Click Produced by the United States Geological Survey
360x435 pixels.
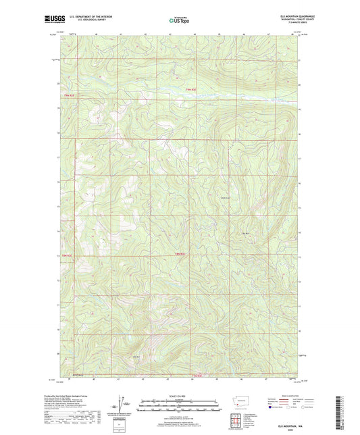coord(80,394)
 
